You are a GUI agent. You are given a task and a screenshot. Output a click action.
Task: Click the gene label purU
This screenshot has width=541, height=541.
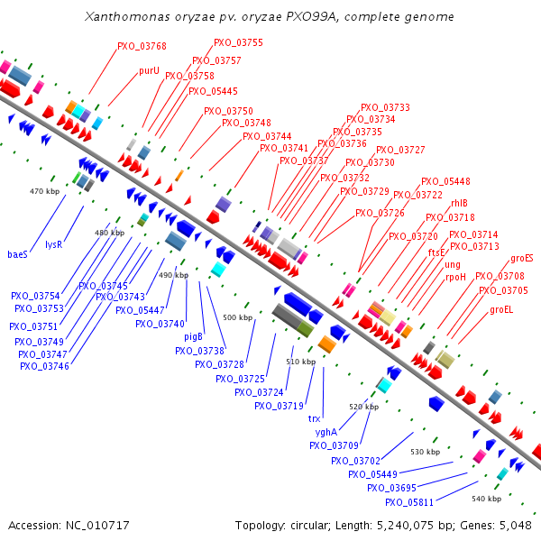pos(149,70)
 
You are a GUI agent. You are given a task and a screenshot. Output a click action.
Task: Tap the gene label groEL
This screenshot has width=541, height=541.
pos(502,309)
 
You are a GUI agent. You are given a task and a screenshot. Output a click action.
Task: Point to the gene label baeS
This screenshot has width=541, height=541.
pos(18,254)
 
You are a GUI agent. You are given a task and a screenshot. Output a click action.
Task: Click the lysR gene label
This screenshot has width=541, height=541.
pos(54,244)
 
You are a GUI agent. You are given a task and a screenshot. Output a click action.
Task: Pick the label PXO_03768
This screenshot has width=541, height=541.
pos(142,46)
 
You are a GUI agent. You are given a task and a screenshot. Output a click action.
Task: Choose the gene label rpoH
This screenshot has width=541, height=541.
pos(455,278)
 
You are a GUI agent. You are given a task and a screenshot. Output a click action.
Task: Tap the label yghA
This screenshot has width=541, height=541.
pos(326,432)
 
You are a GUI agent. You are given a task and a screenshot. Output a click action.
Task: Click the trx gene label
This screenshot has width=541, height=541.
pos(315,418)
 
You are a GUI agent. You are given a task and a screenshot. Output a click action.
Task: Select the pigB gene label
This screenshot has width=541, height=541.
pos(193,336)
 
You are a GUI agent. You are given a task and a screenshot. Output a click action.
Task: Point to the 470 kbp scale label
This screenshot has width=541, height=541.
pos(43,191)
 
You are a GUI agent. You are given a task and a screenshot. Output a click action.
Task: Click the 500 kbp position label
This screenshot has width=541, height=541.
pos(237,317)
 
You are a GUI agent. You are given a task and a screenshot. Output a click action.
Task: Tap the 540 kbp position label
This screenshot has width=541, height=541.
pos(486,499)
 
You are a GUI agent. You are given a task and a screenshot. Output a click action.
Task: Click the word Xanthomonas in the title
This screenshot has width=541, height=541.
pos(129,17)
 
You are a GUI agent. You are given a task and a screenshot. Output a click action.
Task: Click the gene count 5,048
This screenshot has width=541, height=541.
pos(513,525)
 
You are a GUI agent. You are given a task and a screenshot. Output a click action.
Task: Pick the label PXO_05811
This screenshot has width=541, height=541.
pos(409,502)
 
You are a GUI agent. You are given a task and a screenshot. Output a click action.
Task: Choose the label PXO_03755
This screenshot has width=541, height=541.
pos(238,42)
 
